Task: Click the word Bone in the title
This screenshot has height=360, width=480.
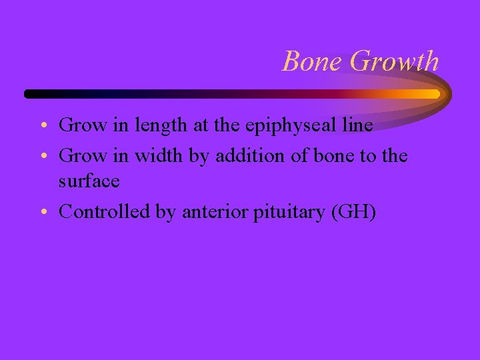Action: click(313, 61)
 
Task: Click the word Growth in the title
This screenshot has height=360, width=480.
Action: click(394, 61)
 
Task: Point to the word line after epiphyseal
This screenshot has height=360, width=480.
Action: click(358, 125)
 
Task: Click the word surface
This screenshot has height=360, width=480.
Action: click(89, 181)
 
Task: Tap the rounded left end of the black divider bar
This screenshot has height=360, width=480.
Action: click(29, 93)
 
